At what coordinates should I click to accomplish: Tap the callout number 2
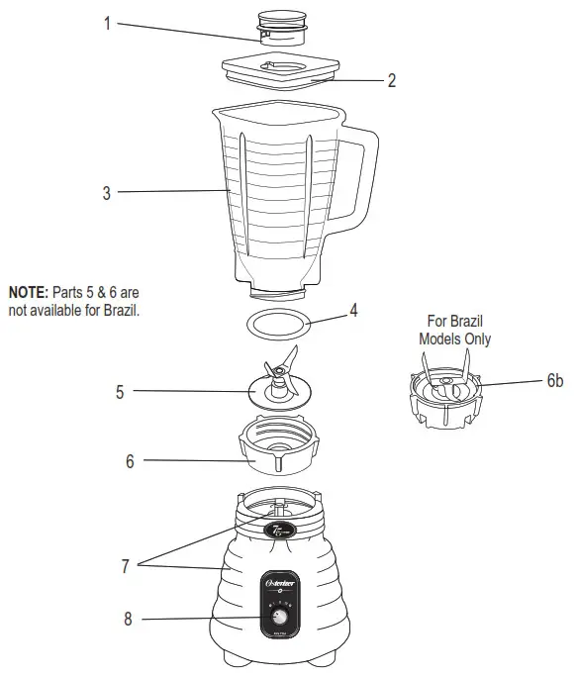click(x=391, y=81)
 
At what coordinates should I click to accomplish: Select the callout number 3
click(x=107, y=193)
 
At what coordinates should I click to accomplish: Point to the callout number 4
click(x=353, y=311)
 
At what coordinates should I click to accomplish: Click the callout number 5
click(x=120, y=392)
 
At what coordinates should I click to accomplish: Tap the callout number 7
click(x=125, y=566)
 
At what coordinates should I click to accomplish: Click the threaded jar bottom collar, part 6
click(x=279, y=450)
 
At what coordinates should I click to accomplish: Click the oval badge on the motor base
click(x=276, y=532)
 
